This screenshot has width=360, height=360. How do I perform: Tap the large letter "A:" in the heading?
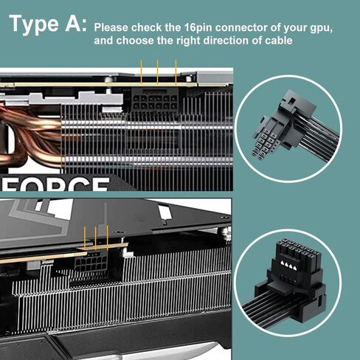(x=76, y=24)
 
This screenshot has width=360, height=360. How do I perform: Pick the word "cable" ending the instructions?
(x=279, y=41)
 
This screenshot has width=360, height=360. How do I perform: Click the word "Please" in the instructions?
(x=111, y=27)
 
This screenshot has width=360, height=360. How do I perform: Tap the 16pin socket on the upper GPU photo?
(x=155, y=100)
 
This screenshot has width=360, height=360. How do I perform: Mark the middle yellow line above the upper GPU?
(x=157, y=72)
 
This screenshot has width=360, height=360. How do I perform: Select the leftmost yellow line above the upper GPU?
(x=141, y=72)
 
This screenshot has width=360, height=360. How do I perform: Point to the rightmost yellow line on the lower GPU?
(x=107, y=238)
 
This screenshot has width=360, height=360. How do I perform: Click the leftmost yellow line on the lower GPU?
(x=85, y=238)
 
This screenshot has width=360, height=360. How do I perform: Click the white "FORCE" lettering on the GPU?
(x=55, y=183)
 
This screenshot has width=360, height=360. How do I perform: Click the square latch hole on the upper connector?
(x=292, y=100)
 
